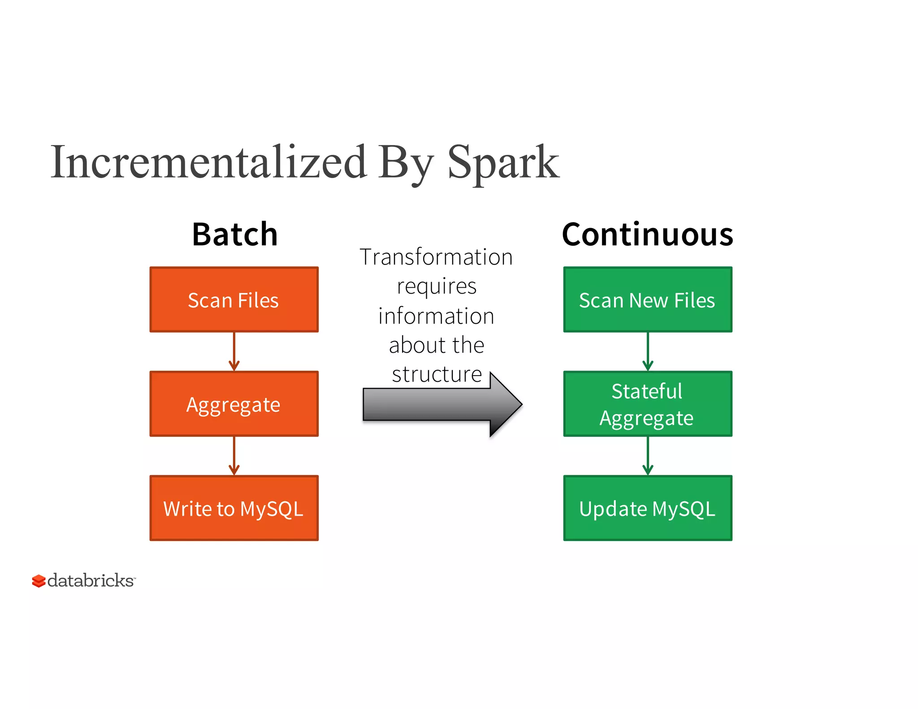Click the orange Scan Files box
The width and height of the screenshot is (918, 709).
coord(234,299)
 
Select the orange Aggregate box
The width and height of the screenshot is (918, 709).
coord(234,404)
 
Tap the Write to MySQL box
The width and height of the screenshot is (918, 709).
coord(234,508)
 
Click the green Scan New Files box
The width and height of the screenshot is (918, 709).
coord(647,299)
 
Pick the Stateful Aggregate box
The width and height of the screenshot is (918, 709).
coord(647,404)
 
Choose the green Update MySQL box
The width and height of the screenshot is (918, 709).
coord(647,508)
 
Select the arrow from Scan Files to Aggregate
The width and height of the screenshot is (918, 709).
coord(234,352)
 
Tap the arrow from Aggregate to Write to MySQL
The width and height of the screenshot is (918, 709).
coord(234,456)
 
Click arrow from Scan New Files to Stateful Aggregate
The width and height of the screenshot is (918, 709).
coord(648,352)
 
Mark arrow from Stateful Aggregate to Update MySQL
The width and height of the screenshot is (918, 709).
coord(648,456)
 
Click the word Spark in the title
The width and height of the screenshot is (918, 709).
coord(503,162)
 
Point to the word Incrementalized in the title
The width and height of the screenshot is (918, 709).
coord(208,162)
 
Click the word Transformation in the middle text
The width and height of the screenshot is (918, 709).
coord(436,257)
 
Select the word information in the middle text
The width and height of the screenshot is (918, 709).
coord(436,316)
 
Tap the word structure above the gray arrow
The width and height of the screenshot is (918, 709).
coord(437,374)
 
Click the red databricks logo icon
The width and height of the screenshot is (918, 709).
coord(39,581)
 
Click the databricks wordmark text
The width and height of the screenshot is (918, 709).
coord(91,580)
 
